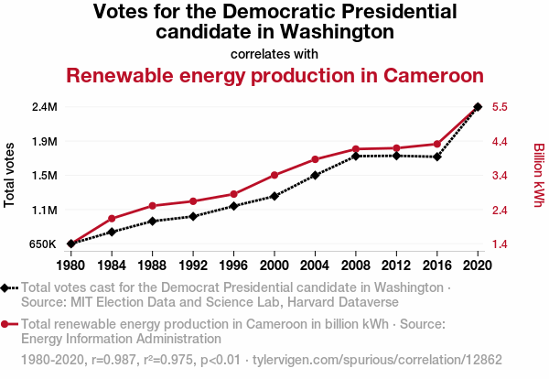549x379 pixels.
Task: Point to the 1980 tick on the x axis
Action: tap(70, 265)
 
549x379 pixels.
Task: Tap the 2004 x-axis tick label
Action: tap(315, 265)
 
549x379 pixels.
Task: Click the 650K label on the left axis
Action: tap(43, 244)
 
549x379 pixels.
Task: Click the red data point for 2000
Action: tap(274, 175)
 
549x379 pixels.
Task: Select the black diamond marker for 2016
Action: tap(437, 157)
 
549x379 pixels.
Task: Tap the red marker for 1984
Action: tap(112, 219)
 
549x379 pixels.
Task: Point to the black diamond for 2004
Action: tap(315, 175)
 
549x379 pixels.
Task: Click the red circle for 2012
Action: tap(396, 148)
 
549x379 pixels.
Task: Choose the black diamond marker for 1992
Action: tap(193, 216)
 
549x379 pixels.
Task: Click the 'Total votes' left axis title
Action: tap(10, 175)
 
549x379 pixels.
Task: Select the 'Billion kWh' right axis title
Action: tap(538, 175)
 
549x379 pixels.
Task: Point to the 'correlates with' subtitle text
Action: tap(274, 53)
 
